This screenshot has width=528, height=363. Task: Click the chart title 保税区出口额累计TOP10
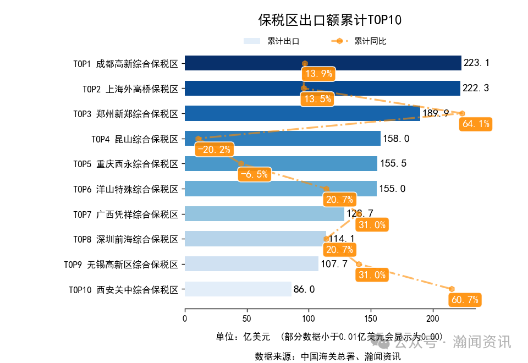coord(330,20)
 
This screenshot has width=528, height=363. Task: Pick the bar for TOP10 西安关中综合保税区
coord(238,289)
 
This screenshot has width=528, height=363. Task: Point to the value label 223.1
coord(476,63)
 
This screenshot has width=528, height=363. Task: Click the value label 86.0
coord(304,289)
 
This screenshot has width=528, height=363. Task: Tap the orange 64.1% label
coord(476,124)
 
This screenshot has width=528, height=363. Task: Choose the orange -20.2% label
coord(214,150)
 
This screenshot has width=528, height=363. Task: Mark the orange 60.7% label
coord(465,300)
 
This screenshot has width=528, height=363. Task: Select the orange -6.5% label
coord(254,175)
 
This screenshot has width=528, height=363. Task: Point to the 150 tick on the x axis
coord(371,318)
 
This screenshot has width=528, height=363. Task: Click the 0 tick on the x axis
coord(185,318)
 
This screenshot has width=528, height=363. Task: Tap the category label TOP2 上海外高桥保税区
coord(130,89)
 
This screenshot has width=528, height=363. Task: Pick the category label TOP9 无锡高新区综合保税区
coord(121,265)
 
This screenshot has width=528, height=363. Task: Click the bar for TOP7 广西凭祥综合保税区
coord(264,214)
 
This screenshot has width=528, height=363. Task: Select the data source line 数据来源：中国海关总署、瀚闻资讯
coord(327,356)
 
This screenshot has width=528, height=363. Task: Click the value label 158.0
coord(396,139)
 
